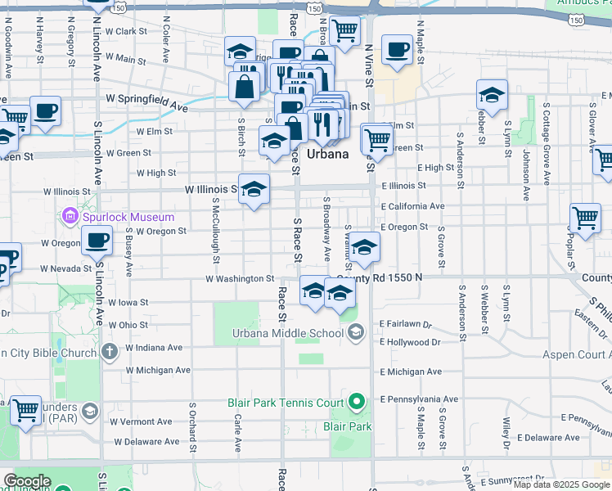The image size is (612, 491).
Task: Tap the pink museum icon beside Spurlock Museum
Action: coord(69,217)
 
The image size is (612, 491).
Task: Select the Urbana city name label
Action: coord(328,154)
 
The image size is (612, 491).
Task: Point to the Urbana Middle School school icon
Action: coord(356,331)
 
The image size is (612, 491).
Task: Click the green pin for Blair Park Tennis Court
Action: coord(356,402)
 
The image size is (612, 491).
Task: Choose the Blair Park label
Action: coord(347,426)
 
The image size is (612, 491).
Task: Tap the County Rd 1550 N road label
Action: coord(380,278)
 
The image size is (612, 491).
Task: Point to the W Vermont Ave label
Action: coord(143,421)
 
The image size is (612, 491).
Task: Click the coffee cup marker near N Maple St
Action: coord(397,52)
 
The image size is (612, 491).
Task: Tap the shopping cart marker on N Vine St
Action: coord(345,32)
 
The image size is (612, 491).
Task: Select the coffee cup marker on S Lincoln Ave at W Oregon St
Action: coord(97,241)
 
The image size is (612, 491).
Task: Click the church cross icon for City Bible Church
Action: coord(110,353)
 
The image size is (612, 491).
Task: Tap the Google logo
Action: coord(27,481)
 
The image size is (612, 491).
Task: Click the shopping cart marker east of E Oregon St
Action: coord(585,218)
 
